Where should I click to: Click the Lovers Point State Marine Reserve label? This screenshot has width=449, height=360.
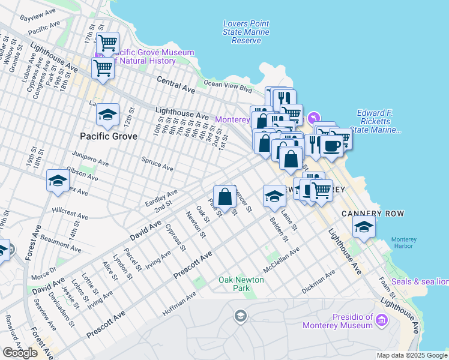pos(242,32)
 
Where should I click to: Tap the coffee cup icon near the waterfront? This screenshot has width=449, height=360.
pos(331,145)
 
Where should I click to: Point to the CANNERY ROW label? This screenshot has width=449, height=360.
pos(372,214)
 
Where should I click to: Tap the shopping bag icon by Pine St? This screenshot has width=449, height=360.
pos(224,196)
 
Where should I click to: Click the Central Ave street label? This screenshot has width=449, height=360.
pos(176,84)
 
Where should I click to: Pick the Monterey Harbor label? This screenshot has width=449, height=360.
pos(403,243)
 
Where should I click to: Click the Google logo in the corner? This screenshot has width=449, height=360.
pos(20,353)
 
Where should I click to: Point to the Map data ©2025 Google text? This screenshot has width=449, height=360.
pos(412,355)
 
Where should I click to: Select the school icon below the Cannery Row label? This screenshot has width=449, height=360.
pos(364,227)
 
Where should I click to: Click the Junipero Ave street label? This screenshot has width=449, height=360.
pos(90,158)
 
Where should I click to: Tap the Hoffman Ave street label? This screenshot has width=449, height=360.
pos(179,304)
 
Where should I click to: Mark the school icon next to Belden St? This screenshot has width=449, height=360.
pos(274,196)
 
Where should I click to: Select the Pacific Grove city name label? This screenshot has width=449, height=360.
pos(109,136)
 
